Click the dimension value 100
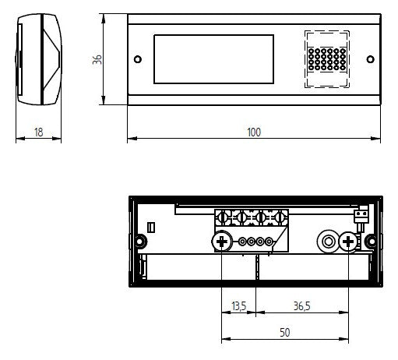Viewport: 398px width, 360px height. point(254,132)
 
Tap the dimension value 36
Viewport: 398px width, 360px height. point(97,59)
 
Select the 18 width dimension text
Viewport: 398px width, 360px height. point(38,132)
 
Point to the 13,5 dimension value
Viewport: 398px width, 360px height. point(238,306)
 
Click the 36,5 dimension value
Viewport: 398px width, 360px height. point(302,306)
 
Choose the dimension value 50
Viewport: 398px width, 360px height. point(285,333)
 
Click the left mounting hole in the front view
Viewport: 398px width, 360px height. point(138,59)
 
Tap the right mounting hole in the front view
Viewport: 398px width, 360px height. point(370,59)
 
